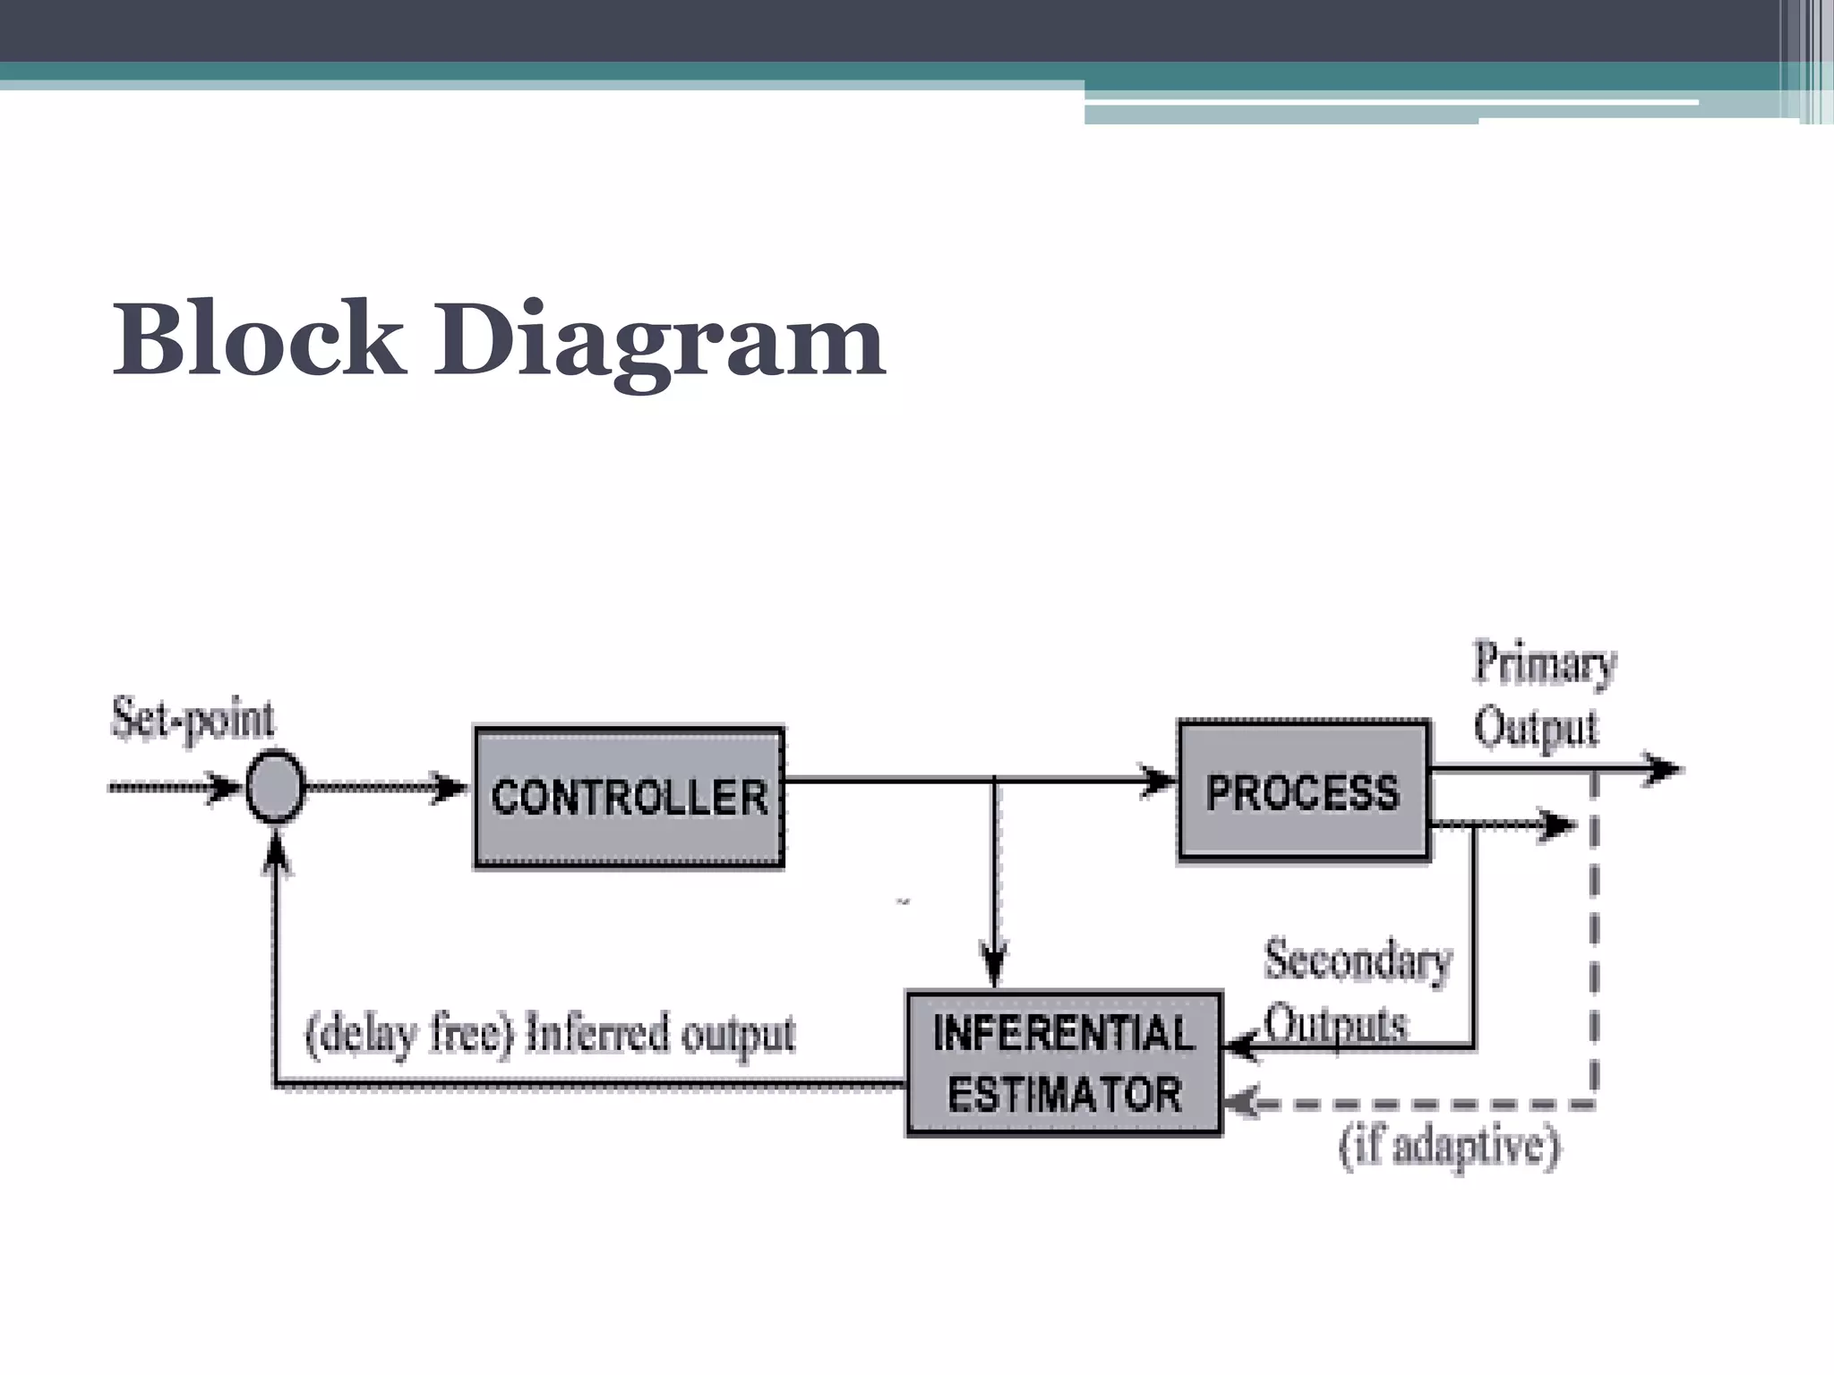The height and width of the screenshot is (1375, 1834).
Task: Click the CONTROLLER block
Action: (x=629, y=797)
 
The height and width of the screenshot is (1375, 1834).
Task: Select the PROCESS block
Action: (x=1303, y=791)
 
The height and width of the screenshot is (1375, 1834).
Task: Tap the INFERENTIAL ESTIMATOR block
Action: (x=1064, y=1063)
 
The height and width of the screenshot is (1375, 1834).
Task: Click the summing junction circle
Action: (x=275, y=787)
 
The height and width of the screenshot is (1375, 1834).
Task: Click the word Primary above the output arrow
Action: (x=1544, y=664)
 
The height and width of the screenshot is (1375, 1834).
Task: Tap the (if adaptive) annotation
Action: (x=1449, y=1147)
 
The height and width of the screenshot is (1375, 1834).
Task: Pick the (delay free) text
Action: (x=410, y=1035)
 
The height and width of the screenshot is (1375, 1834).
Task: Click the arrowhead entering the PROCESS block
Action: (x=1160, y=780)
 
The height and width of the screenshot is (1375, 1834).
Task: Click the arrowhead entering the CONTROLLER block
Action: (x=450, y=788)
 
